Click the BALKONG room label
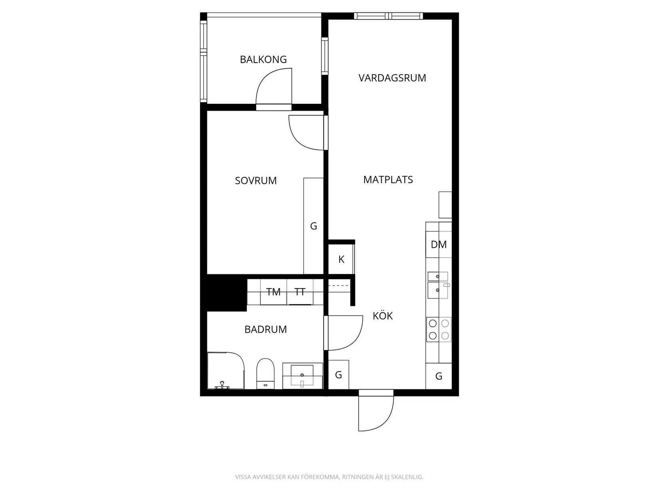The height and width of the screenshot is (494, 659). [x=263, y=59]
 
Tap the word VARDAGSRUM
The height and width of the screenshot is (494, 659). [x=392, y=78]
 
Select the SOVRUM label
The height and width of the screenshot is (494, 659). [x=256, y=181]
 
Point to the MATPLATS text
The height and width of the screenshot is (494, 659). [x=388, y=180]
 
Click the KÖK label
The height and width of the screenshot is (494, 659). [x=383, y=316]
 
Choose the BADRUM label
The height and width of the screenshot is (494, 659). [x=266, y=329]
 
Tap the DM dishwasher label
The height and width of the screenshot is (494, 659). [x=439, y=245]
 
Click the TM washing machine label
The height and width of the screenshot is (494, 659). [x=273, y=292]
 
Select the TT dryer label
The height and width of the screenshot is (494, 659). [x=300, y=292]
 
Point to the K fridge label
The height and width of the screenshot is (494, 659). [x=341, y=259]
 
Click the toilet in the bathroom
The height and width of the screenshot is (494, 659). [x=266, y=373]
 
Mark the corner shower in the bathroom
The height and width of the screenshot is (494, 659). [x=226, y=371]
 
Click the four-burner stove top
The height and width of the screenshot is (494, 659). [x=439, y=330]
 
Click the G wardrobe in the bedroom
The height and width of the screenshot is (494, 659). [x=314, y=226]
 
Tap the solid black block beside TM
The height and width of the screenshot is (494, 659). [x=227, y=293]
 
